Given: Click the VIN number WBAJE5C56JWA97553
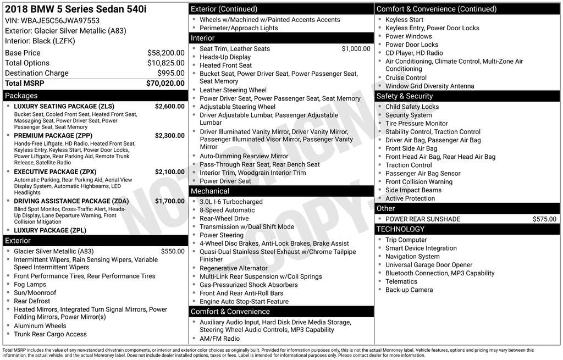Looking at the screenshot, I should pos(60,20).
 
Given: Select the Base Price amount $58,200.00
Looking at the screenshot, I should pos(165,53).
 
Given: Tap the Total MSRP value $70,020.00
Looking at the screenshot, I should pos(165,84).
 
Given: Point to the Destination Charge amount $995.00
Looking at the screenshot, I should pos(170,73).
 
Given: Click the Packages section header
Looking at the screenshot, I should pos(21,96).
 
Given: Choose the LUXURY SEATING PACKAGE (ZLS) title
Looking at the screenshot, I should pos(64,106).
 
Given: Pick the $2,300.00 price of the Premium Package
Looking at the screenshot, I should pos(169,135).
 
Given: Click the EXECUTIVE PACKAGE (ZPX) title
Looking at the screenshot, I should pos(55,171).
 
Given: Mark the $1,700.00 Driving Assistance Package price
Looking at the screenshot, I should pos(169,201).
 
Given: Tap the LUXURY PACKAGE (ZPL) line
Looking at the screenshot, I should pos(50,230).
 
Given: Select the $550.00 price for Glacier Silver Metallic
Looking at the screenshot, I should pos(173,251).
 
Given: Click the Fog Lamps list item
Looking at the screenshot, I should pos(30,284).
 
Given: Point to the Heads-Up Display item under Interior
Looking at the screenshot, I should pos(225,57).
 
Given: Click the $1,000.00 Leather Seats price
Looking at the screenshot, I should pos(356,48).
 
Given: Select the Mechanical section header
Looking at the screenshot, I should pos(210,191).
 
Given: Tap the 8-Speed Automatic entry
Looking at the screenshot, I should pos(227,210).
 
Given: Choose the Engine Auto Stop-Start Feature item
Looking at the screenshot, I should pos(244,302).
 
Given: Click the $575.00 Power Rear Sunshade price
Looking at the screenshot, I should pos(544,219).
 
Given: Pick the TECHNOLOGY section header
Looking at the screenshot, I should pos(401,229).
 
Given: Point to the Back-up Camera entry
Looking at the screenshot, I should pos(409,290).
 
